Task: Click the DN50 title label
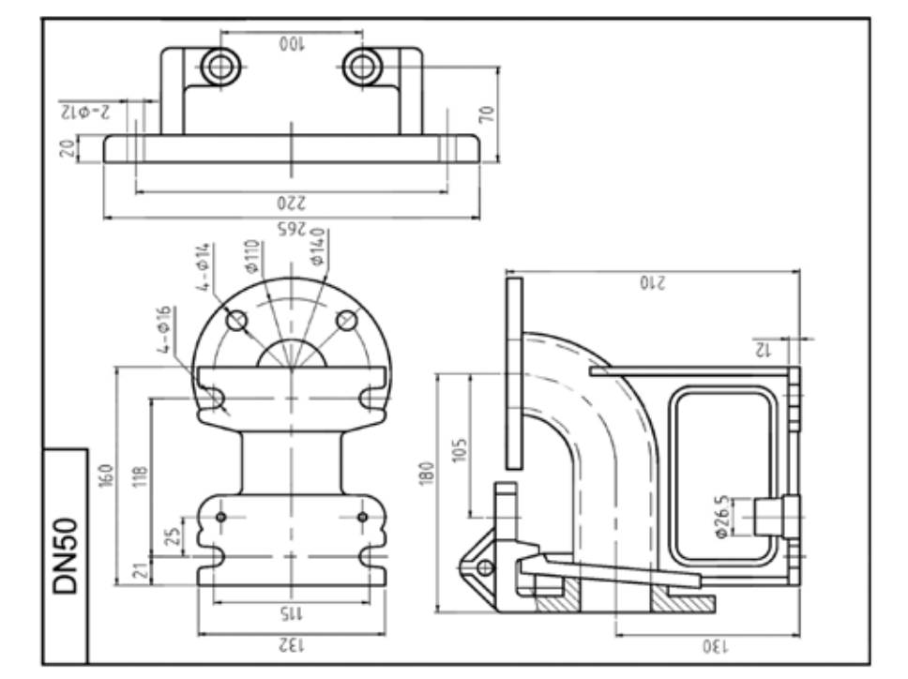[x=65, y=556]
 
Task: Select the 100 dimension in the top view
[x=292, y=44]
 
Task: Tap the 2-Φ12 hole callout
[x=84, y=112]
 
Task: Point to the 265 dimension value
[x=292, y=229]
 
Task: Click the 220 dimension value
[x=292, y=203]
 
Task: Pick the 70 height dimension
[x=487, y=113]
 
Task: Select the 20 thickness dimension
[x=68, y=148]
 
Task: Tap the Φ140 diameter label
[x=317, y=247]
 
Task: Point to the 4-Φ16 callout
[x=164, y=329]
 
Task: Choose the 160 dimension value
[x=107, y=475]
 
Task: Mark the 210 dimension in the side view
[x=653, y=282]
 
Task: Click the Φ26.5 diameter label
[x=721, y=517]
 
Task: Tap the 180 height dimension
[x=427, y=473]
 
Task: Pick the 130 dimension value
[x=716, y=645]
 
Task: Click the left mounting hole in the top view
[x=220, y=67]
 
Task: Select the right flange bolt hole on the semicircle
[x=347, y=320]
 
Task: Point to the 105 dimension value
[x=460, y=450]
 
